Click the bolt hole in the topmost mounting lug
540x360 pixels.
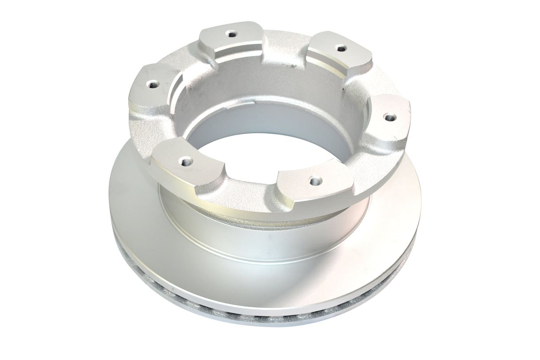230,33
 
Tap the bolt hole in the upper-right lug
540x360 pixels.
340,48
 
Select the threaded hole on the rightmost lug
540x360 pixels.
390,117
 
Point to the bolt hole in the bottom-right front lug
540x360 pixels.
315,180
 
